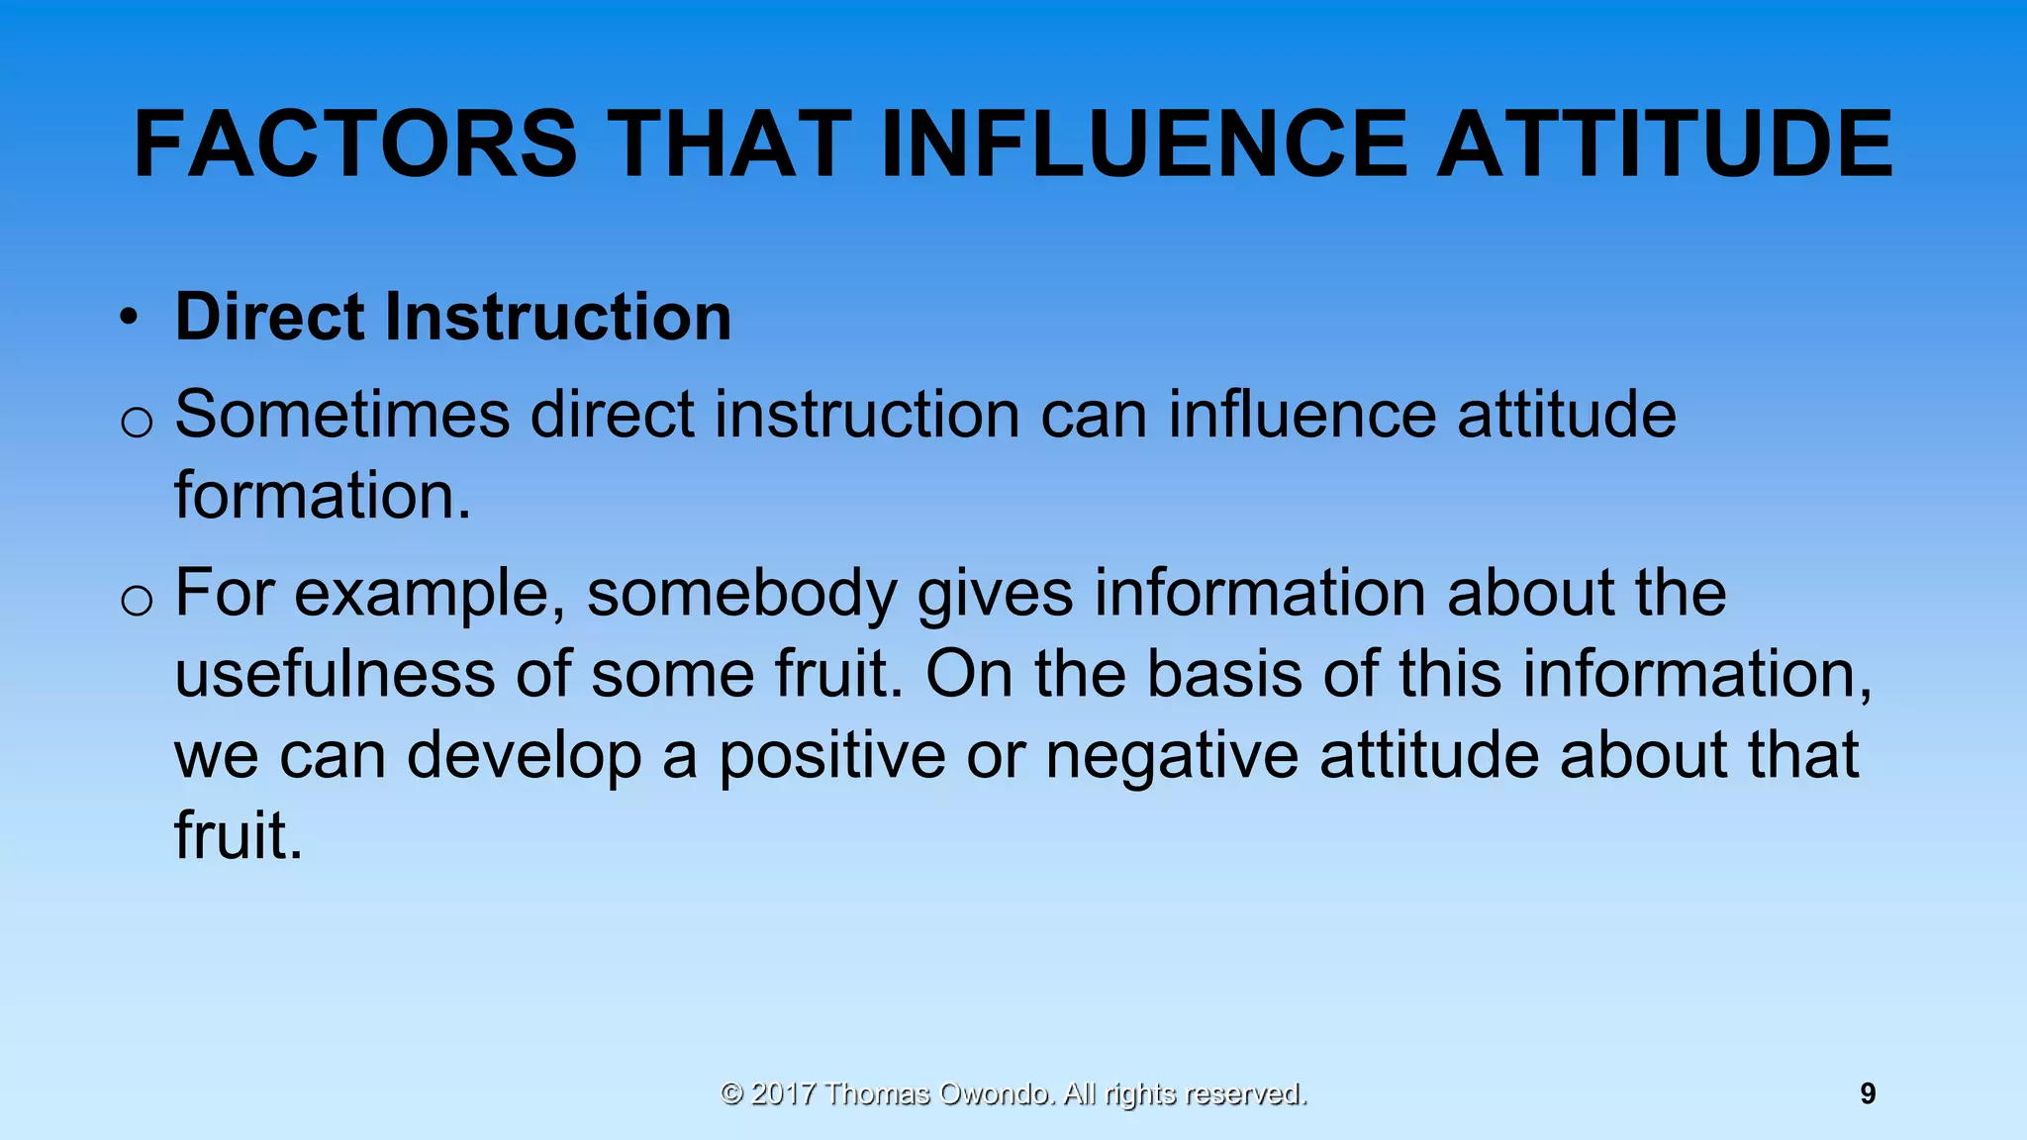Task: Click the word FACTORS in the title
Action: (354, 145)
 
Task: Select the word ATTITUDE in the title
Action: (1665, 145)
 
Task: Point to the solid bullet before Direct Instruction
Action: (128, 319)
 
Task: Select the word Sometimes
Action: (341, 414)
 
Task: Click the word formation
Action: (322, 495)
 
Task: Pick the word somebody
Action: (741, 594)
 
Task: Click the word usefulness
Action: (335, 675)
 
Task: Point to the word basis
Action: (1224, 675)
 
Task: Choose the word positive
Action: (831, 756)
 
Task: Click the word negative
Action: (1172, 756)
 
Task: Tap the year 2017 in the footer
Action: (783, 1093)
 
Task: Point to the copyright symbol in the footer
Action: (731, 1093)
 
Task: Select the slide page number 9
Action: (1868, 1093)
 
